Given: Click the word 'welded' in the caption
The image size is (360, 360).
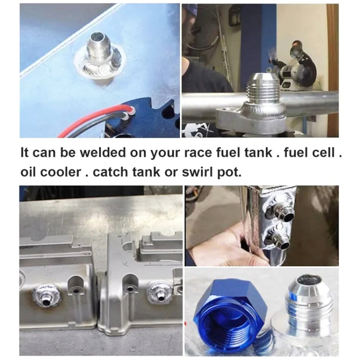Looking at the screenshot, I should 97,154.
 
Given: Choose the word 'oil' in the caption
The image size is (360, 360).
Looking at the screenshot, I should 27,172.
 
